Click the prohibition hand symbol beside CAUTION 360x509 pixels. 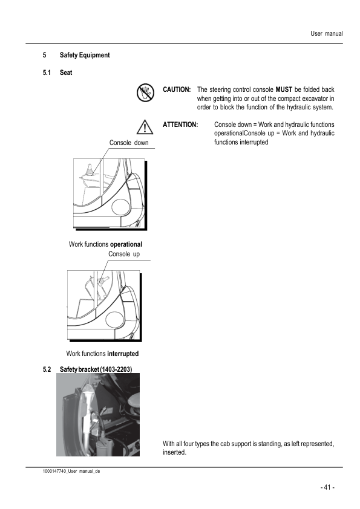[x=145, y=92]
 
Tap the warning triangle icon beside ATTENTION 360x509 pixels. [x=145, y=127]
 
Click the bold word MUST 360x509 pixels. [x=284, y=89]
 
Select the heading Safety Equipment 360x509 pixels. [x=85, y=55]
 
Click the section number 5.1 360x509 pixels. [x=47, y=73]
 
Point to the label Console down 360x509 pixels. [x=129, y=143]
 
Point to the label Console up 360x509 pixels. [x=124, y=254]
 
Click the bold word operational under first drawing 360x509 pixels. [x=126, y=244]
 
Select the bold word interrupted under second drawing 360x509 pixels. [x=123, y=354]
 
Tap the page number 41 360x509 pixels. [x=327, y=487]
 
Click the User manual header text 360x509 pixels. [x=327, y=33]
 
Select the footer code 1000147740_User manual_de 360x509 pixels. [x=71, y=472]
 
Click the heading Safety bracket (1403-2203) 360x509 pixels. [x=96, y=369]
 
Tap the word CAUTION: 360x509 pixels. [x=177, y=89]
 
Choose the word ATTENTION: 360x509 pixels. [x=180, y=125]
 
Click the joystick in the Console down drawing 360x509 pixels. [x=90, y=170]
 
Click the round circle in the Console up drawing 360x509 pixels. [x=113, y=320]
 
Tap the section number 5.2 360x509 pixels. [x=47, y=369]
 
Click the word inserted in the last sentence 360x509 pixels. [x=174, y=453]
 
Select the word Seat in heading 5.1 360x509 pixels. [x=66, y=73]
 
